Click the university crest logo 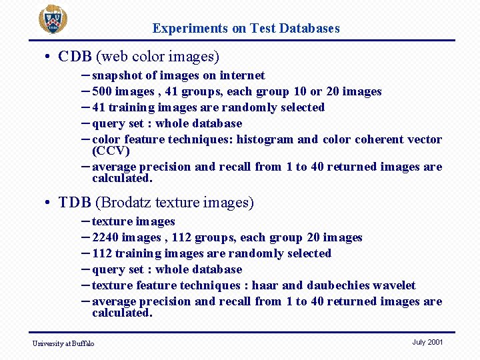(52, 19)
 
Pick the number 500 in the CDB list (103, 91)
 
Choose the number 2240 (107, 237)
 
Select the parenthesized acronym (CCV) (111, 151)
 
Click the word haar (265, 285)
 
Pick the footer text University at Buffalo (63, 343)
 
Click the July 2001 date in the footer (427, 342)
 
